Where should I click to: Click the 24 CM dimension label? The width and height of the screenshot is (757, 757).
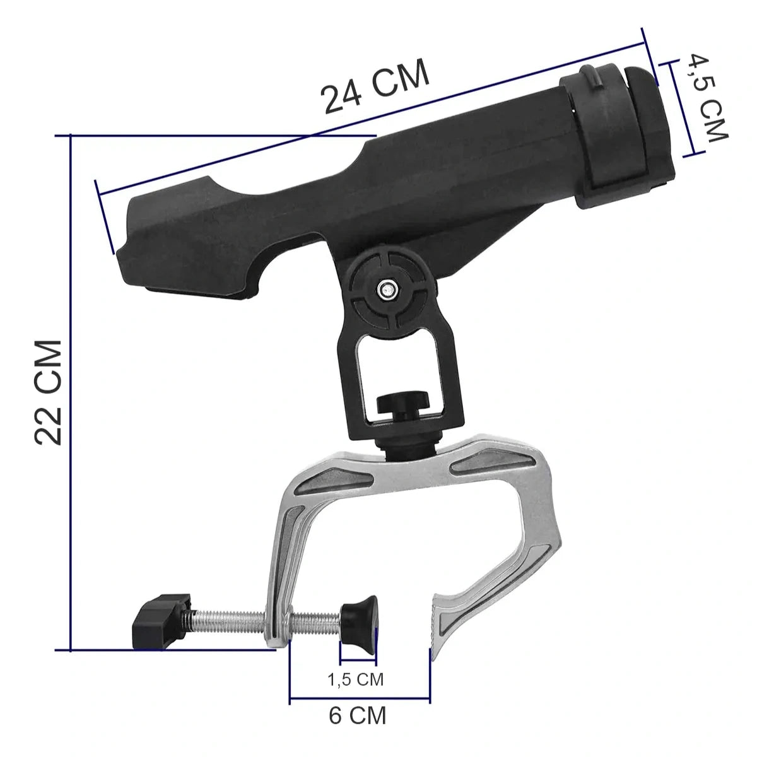click(375, 86)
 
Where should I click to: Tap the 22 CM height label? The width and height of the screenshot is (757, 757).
click(49, 393)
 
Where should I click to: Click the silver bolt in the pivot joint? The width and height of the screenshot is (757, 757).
click(387, 290)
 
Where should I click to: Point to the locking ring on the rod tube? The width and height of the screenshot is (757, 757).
click(617, 134)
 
